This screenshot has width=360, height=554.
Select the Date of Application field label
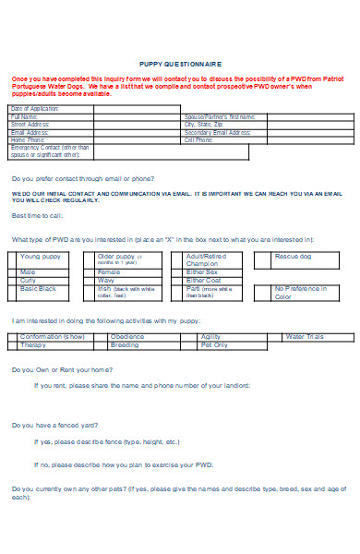point(35,109)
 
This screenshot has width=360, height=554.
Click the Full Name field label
point(24,117)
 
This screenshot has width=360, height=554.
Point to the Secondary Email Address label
point(218,132)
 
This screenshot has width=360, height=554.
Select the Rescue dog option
point(294,256)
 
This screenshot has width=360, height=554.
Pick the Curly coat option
point(28,281)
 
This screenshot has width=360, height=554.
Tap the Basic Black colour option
point(39,289)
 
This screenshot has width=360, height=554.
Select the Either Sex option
point(202,272)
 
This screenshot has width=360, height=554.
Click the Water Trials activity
point(305,337)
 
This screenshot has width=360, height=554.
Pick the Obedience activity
point(126,337)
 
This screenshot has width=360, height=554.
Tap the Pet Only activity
point(213,344)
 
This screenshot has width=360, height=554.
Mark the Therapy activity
point(33,344)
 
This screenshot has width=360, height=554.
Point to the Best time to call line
point(38,215)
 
